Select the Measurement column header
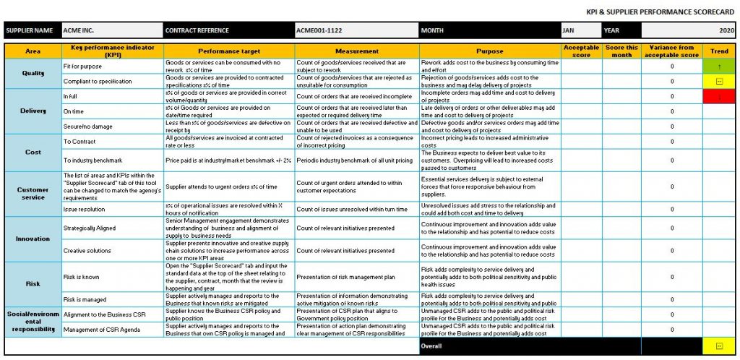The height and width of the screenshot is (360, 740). (x=356, y=51)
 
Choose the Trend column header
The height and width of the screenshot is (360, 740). (x=719, y=51)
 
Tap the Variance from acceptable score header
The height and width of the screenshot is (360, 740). (x=672, y=51)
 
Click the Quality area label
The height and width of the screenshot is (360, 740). (x=33, y=73)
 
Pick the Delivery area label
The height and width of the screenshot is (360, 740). (x=33, y=111)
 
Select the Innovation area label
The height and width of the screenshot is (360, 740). (x=33, y=239)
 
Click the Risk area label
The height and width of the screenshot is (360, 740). (x=33, y=284)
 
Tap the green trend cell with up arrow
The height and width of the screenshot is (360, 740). (x=719, y=67)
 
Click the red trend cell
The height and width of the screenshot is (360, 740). (x=719, y=96)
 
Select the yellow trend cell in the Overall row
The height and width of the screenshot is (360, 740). (x=719, y=346)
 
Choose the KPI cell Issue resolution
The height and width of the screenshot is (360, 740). (x=84, y=209)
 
